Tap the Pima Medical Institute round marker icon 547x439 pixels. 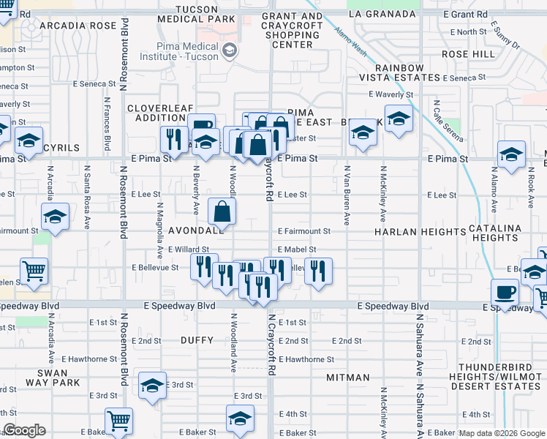tap(230, 50)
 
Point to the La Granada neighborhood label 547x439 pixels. tap(377, 14)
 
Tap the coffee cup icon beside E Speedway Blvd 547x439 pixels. tap(505, 292)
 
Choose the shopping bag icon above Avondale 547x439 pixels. tap(222, 211)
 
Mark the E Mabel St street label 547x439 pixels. tap(296, 249)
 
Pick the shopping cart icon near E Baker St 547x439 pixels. tap(118, 421)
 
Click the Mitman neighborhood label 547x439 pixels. tap(349, 378)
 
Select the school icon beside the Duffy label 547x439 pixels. tap(152, 385)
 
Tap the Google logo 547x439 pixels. tap(25, 430)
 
